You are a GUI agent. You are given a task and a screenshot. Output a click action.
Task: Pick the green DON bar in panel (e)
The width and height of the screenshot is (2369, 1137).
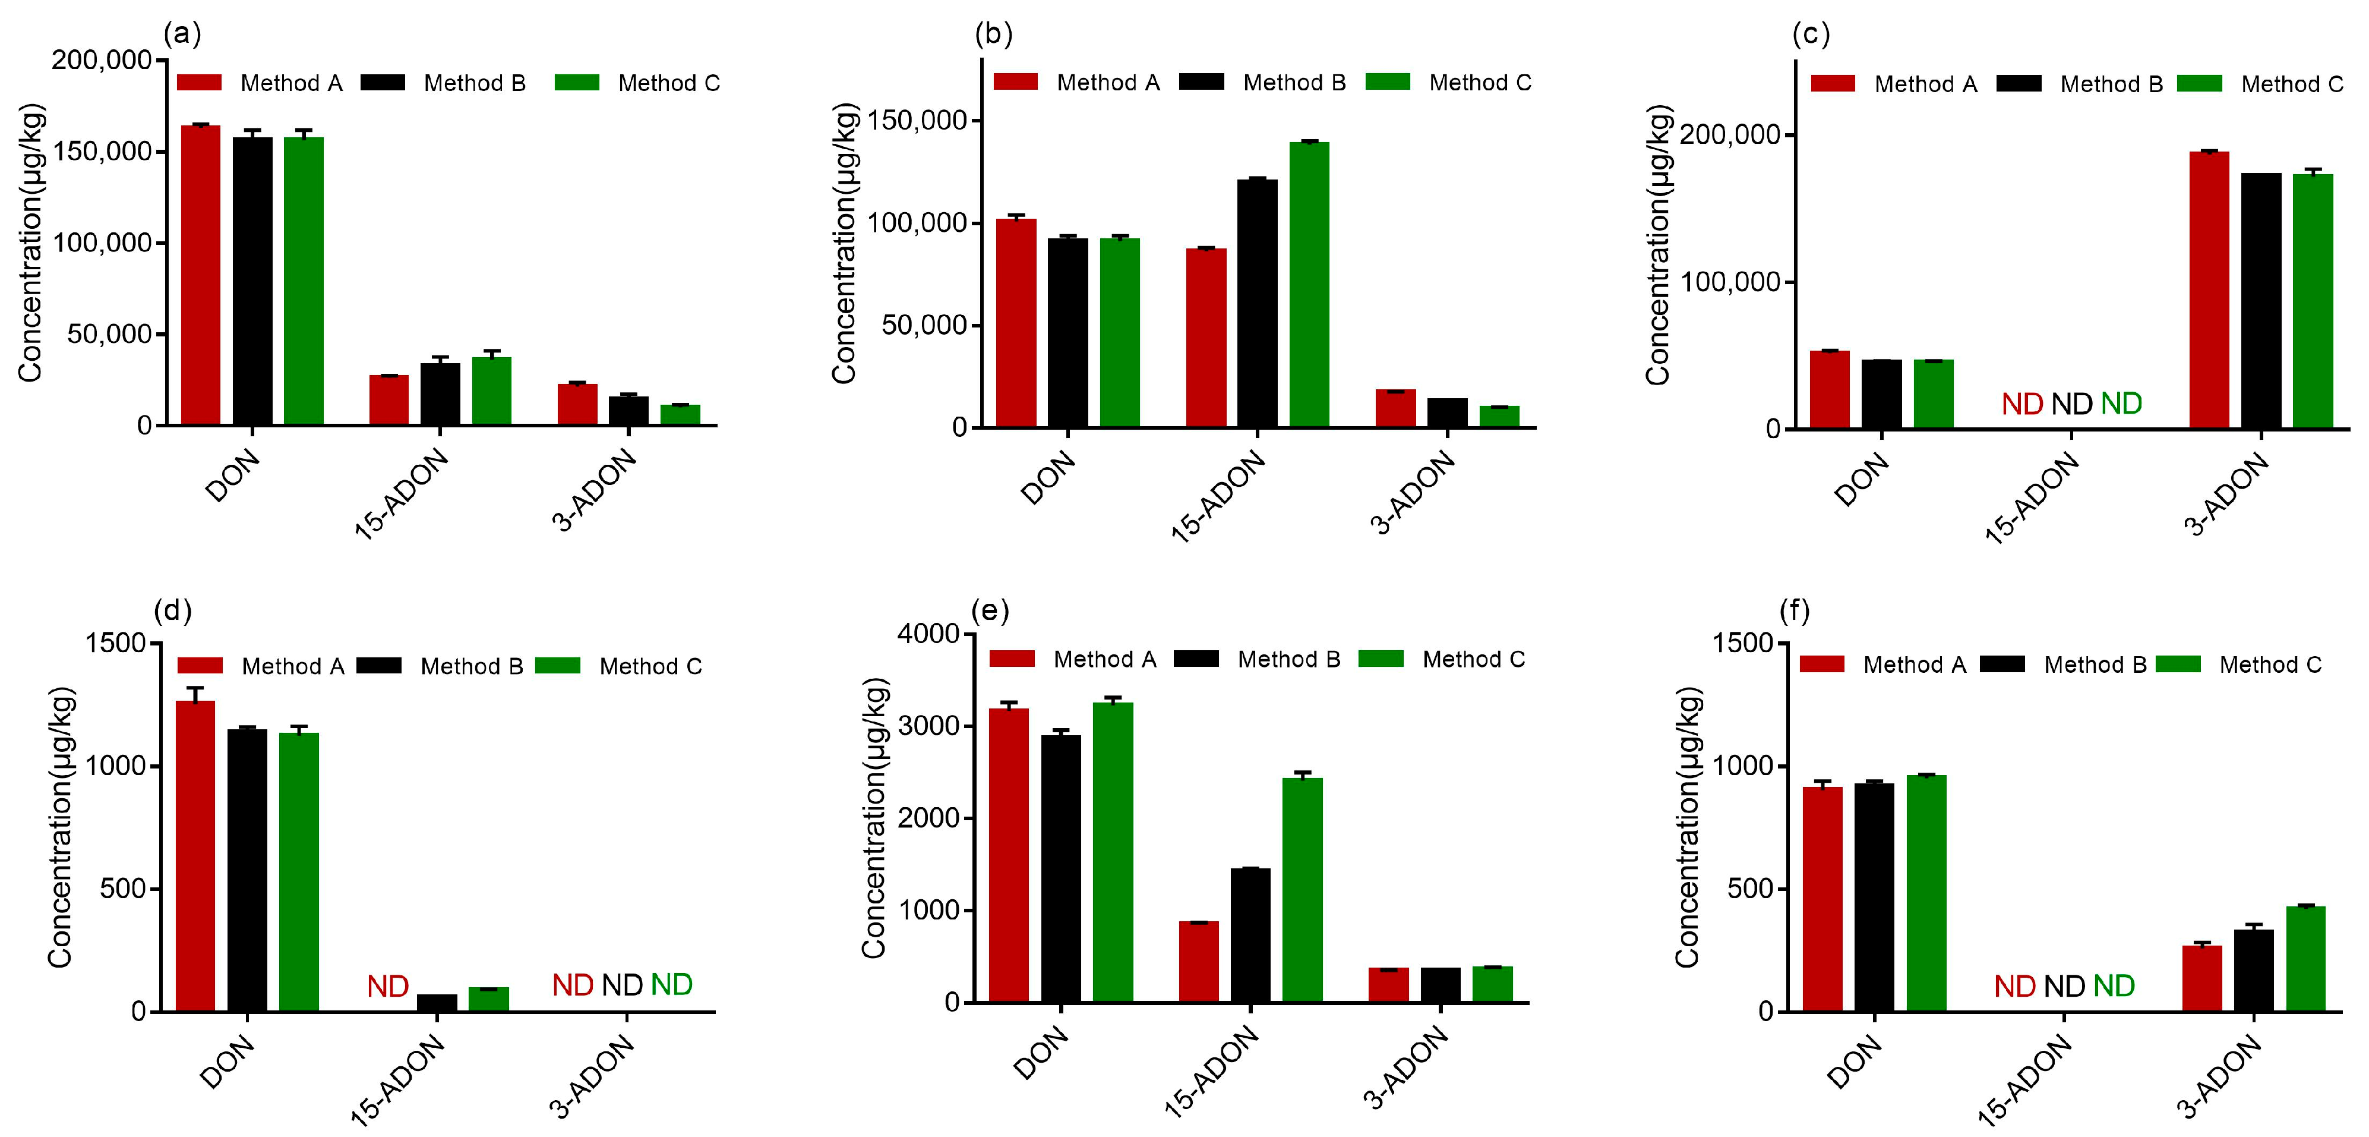(1113, 852)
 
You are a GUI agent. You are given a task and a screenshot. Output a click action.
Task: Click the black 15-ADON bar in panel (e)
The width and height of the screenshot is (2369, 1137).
(1250, 934)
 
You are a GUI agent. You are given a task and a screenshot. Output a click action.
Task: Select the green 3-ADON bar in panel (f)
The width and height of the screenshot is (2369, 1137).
(2305, 958)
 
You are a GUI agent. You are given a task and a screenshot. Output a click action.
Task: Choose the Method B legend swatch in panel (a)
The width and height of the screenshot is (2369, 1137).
(383, 83)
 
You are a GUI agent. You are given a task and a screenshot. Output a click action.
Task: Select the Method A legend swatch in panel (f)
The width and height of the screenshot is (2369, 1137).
(1822, 664)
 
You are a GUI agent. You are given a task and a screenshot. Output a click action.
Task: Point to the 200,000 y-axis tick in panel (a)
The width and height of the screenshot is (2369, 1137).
(101, 61)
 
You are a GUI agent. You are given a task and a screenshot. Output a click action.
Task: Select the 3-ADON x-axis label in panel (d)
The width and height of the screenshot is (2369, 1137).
(593, 1076)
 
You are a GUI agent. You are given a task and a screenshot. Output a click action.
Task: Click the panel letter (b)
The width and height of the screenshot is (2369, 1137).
(993, 34)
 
